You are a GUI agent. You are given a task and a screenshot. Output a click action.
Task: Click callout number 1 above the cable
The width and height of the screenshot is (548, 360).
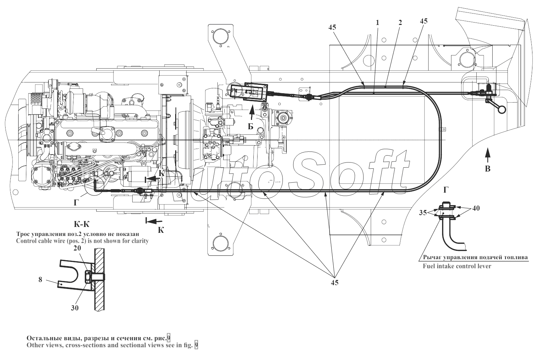[377, 23]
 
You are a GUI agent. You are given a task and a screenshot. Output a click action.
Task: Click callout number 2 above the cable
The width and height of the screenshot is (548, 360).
[400, 23]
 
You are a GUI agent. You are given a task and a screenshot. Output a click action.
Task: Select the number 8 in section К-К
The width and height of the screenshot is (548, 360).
[41, 279]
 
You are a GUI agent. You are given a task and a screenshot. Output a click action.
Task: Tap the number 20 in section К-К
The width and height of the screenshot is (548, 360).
[77, 248]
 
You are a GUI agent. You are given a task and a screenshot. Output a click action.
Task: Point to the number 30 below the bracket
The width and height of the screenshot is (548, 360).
[75, 308]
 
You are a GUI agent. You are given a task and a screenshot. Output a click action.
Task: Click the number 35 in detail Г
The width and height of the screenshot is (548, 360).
[423, 213]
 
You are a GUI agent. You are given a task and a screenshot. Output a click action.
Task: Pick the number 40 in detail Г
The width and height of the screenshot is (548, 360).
[476, 208]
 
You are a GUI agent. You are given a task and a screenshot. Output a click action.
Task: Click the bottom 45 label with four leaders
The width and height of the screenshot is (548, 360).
[334, 283]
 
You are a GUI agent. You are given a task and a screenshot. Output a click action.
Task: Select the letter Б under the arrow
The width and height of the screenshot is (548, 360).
[251, 126]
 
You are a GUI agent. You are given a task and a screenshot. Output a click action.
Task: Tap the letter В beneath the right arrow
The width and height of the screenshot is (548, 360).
[487, 169]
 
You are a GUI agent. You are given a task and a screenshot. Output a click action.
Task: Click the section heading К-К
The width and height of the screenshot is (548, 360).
[81, 224]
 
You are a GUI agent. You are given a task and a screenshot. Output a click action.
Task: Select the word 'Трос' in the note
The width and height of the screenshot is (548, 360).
[23, 234]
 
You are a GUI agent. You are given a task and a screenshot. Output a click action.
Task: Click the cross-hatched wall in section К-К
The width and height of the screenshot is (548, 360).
[100, 279]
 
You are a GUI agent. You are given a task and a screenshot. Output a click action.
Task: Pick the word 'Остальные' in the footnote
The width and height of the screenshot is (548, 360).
[42, 338]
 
